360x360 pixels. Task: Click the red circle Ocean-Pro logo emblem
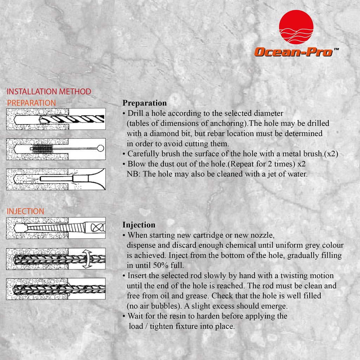point(296,27)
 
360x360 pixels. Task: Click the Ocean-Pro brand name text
point(293,52)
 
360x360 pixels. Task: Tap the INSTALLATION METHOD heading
point(49,92)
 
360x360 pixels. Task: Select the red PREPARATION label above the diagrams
point(31,103)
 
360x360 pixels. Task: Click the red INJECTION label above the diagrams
point(26,211)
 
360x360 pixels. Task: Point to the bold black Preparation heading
point(144,103)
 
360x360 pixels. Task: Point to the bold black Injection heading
point(139,225)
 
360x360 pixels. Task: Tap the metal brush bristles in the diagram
point(42,149)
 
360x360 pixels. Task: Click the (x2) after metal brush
point(330,154)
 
